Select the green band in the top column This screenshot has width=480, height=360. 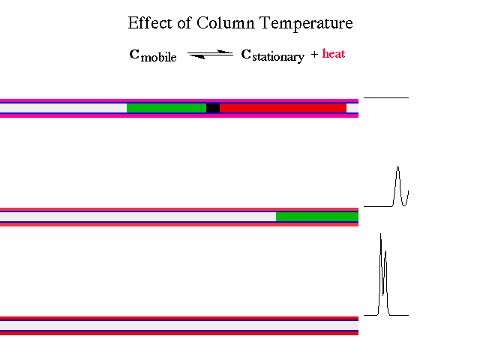[166, 108]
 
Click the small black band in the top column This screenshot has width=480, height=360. [213, 108]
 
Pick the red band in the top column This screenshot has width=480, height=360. [283, 108]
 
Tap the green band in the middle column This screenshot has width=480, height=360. [316, 217]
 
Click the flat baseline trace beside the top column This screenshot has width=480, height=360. [386, 97]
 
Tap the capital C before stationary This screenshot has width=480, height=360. [245, 55]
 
